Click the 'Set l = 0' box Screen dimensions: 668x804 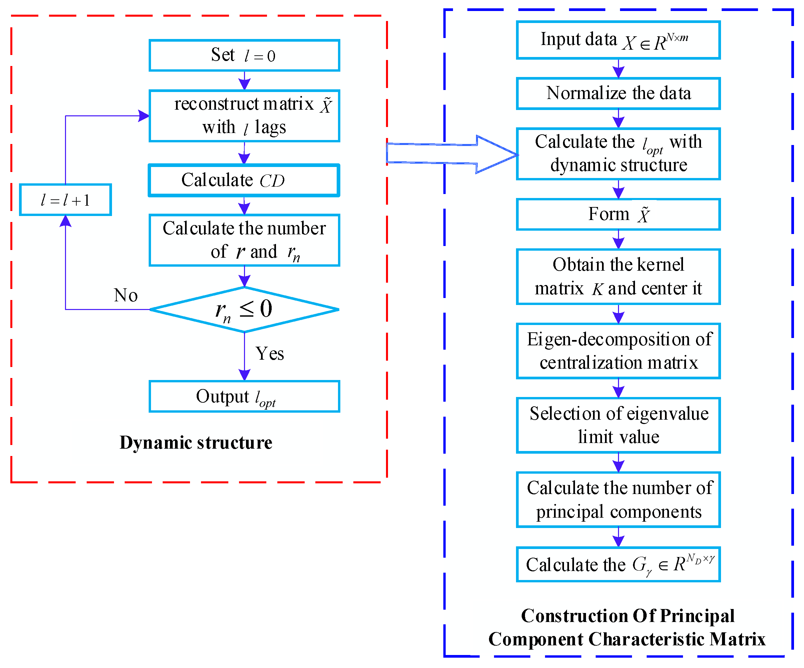[x=244, y=56]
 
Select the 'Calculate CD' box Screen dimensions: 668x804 [x=244, y=180]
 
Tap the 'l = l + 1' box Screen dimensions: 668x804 [x=65, y=200]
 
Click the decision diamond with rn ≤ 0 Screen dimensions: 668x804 [x=244, y=309]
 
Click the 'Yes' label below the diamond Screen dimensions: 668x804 [x=270, y=353]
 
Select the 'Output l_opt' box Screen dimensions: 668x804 [x=244, y=397]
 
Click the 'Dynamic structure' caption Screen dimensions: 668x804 [x=196, y=443]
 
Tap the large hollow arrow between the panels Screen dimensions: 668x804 [x=452, y=154]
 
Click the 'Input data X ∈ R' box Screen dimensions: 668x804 [x=618, y=40]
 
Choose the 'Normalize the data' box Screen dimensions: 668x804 [x=618, y=93]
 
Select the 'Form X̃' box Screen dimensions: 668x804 [x=618, y=214]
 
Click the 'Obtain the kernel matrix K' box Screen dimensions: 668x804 [x=618, y=277]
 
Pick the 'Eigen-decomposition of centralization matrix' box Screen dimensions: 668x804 [x=618, y=351]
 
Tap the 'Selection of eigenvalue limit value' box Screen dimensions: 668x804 [x=618, y=425]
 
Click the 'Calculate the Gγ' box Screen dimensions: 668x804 [x=618, y=565]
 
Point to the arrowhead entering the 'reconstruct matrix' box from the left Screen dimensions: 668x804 [x=144, y=116]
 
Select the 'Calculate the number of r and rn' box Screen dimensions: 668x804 [x=244, y=240]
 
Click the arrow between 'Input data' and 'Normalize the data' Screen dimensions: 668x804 [x=618, y=70]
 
